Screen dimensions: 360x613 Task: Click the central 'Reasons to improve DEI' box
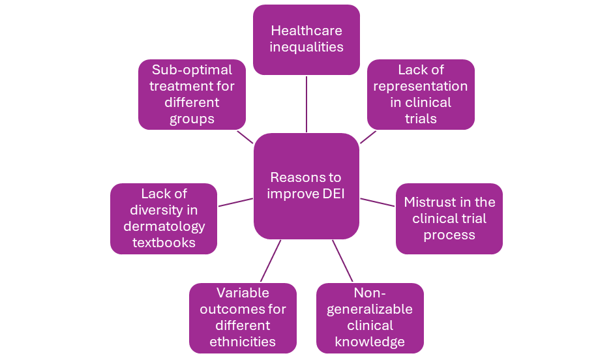[306, 186]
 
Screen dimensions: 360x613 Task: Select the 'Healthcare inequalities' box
[306, 39]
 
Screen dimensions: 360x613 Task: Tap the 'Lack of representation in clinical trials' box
[421, 94]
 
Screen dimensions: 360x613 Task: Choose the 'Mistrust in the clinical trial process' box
[449, 218]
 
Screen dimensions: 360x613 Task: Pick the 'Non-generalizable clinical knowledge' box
[370, 317]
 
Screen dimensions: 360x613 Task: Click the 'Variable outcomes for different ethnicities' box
[243, 317]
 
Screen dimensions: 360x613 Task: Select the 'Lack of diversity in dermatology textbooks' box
[164, 218]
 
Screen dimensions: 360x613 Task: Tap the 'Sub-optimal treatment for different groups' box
[192, 94]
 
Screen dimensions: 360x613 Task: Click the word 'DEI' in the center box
[329, 194]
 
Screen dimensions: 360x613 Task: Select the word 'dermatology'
[164, 226]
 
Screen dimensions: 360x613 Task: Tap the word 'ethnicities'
[243, 342]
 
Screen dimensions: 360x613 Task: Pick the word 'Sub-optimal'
[192, 70]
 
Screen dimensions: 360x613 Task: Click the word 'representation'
[421, 86]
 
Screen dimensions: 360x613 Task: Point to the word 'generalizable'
[370, 309]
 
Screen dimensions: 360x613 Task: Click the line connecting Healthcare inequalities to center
[306, 104]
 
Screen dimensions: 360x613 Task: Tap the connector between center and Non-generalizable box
[342, 261]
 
